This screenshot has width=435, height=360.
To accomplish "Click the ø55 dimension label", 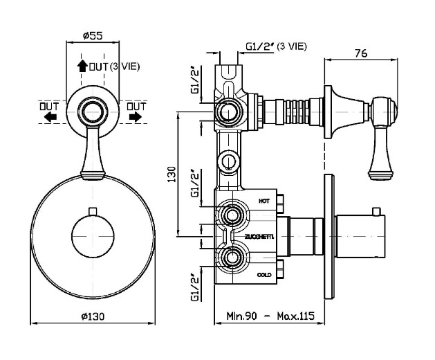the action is pyautogui.click(x=93, y=36).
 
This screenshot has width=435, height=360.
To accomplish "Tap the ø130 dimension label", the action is pyautogui.click(x=93, y=316).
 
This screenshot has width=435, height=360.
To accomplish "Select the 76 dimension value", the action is pyautogui.click(x=361, y=53).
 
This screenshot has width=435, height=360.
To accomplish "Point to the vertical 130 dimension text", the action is pyautogui.click(x=172, y=174).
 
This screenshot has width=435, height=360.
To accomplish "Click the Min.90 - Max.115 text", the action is pyautogui.click(x=270, y=316).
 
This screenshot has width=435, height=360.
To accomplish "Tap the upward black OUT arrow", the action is pyautogui.click(x=82, y=66).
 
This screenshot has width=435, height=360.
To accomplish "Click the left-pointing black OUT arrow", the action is pyautogui.click(x=50, y=117).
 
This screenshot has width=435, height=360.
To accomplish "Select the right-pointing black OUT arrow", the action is pyautogui.click(x=135, y=117).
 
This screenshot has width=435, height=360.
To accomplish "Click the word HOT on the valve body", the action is pyautogui.click(x=263, y=201).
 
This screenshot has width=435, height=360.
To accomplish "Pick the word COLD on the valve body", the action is pyautogui.click(x=264, y=275).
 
